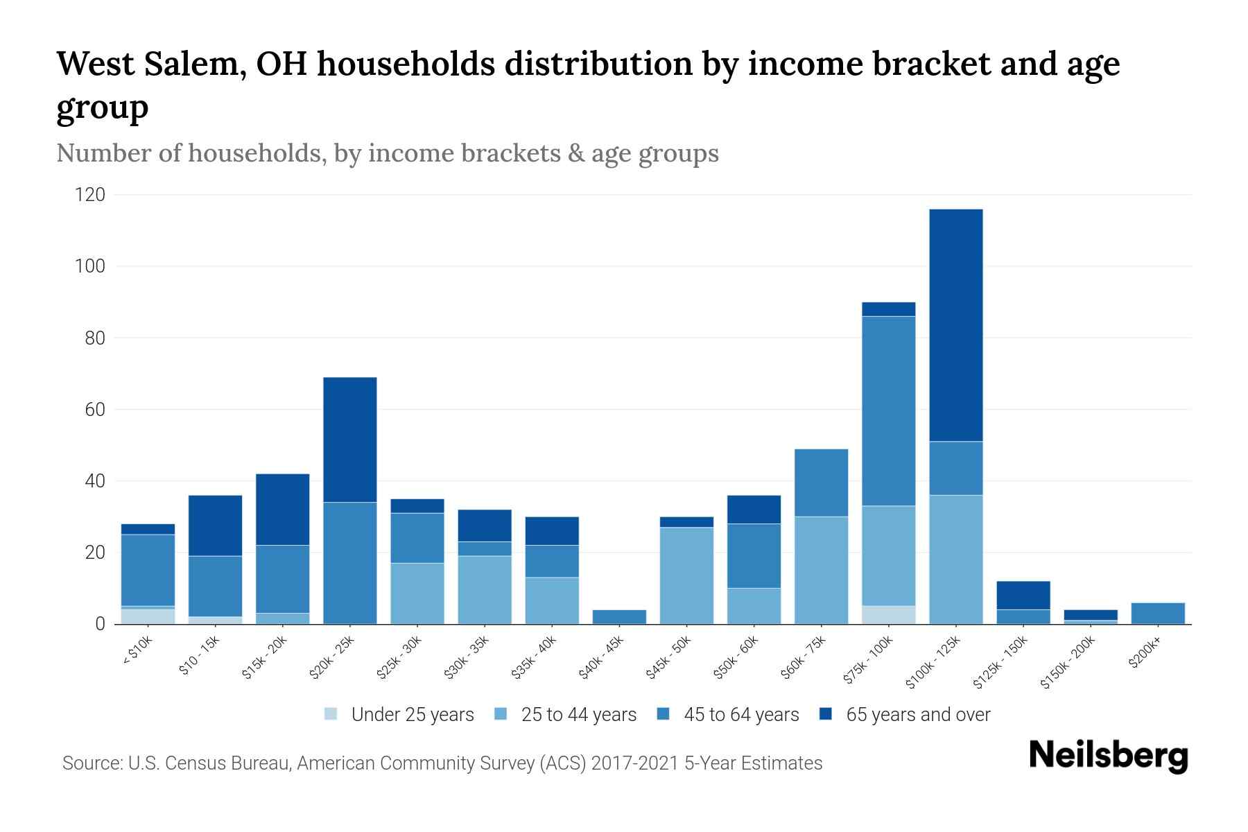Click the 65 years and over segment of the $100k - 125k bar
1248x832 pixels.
(956, 325)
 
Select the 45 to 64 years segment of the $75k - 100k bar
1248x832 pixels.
(888, 411)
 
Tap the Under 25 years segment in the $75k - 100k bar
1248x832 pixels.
(888, 615)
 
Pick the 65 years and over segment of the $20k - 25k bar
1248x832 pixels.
(350, 440)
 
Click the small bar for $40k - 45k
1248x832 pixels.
(620, 616)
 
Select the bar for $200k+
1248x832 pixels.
(1158, 614)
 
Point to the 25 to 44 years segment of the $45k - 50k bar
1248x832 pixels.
(687, 575)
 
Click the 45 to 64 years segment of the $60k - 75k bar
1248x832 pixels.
(821, 483)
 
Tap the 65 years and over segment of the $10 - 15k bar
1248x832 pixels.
(216, 526)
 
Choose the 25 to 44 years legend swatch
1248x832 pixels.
(501, 714)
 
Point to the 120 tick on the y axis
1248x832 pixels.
(90, 195)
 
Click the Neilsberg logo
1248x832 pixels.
(1108, 756)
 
